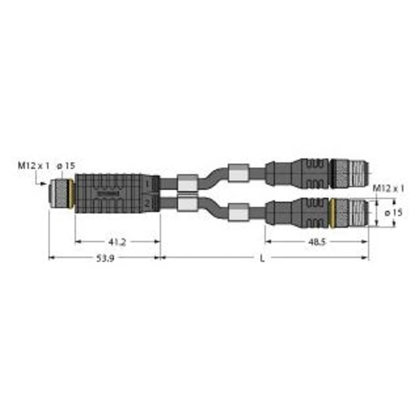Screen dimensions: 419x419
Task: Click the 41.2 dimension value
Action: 117,242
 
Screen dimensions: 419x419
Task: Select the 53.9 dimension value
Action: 105,259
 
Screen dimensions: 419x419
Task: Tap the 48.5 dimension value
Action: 317,242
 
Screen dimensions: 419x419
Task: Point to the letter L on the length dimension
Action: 262,259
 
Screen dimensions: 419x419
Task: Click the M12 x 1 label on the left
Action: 33,166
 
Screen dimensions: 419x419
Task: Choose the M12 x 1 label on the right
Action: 388,189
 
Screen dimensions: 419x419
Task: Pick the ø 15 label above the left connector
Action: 66,166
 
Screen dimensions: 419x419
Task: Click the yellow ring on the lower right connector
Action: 332,213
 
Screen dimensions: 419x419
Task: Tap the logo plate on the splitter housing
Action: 109,193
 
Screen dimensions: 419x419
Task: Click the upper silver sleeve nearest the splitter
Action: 187,183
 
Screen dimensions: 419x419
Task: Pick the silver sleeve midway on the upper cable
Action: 238,172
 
